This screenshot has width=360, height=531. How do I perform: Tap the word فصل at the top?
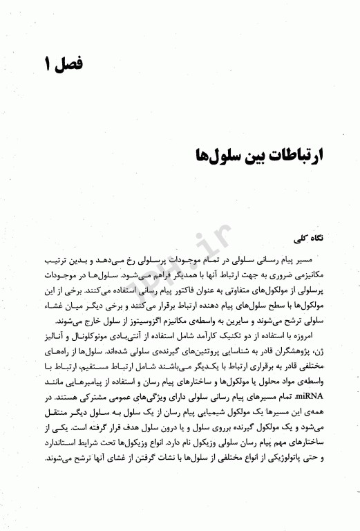click(70, 66)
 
